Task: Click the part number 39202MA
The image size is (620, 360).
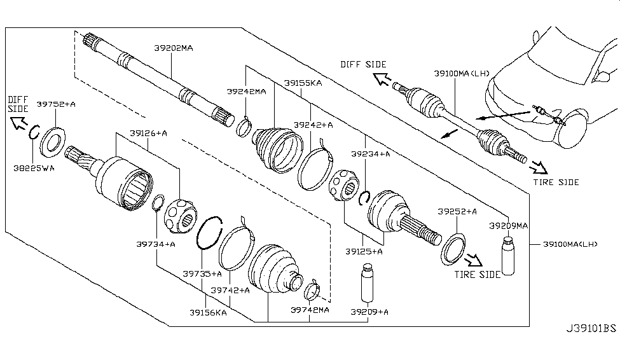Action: click(x=173, y=48)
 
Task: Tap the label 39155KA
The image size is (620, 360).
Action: click(x=303, y=83)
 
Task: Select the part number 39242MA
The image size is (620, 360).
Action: click(x=245, y=92)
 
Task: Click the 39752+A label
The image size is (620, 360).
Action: click(x=55, y=104)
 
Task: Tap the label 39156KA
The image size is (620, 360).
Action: click(x=208, y=312)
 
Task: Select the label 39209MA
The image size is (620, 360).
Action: click(x=508, y=225)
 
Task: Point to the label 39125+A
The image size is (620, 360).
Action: click(x=364, y=252)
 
